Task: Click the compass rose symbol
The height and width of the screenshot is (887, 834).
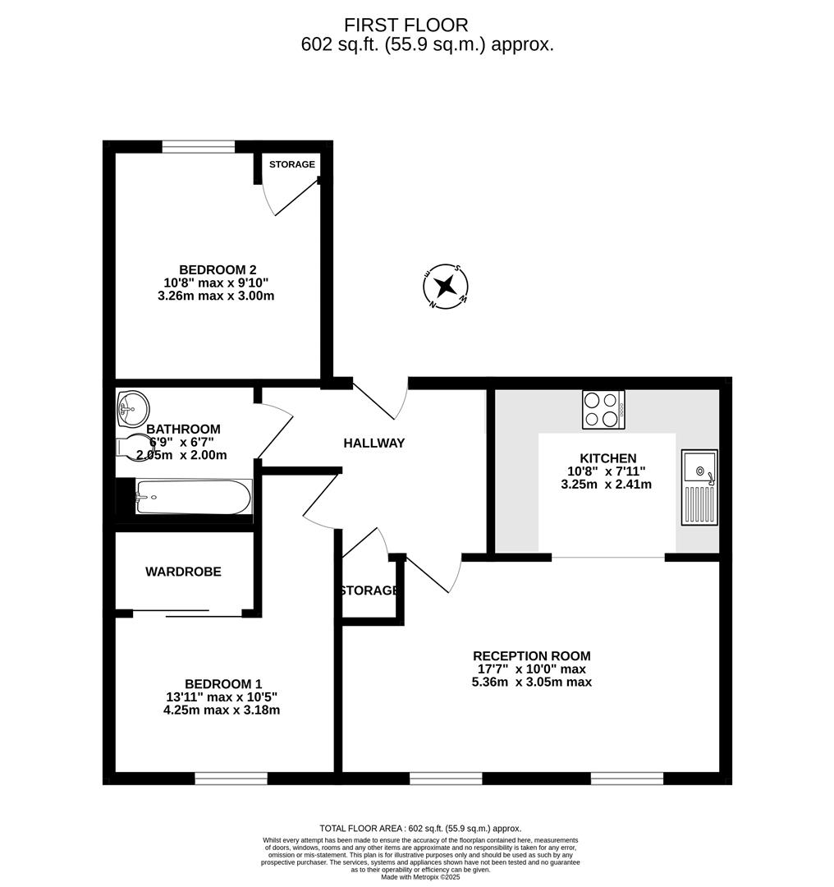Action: pos(446,287)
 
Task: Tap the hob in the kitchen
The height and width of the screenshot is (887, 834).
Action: pos(603,409)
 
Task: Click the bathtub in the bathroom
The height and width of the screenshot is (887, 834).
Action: pos(193,498)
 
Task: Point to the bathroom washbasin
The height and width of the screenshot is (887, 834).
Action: pos(132,407)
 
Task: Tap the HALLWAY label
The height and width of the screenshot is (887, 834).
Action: pos(373,443)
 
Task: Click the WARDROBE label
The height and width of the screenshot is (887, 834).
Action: pos(183,572)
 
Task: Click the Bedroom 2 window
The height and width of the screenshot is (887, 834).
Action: pos(199,147)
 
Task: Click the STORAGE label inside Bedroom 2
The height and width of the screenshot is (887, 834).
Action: pos(292,164)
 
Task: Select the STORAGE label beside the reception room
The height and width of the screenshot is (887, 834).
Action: pos(369,591)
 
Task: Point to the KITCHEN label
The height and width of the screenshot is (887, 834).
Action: pos(607,458)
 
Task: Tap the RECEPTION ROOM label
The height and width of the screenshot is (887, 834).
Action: pos(531,655)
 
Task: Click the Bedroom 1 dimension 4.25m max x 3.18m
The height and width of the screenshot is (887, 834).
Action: pos(222,710)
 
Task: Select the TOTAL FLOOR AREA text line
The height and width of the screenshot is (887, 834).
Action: pos(419,829)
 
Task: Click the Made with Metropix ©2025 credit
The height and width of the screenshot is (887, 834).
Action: pos(420,877)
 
